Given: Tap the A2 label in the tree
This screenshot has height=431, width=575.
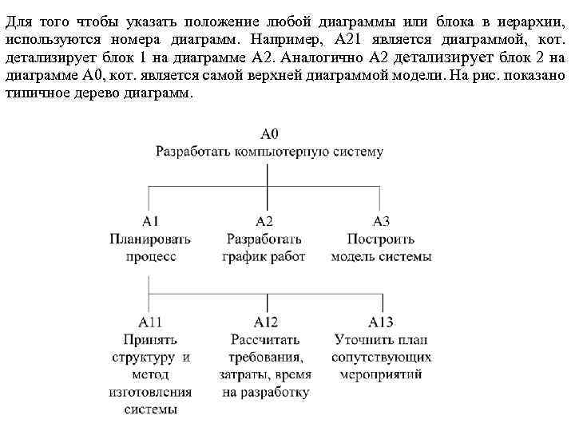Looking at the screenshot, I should (264, 220).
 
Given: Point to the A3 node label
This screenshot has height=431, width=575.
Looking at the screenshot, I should (381, 220).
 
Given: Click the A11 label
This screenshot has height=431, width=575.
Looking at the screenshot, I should (150, 322).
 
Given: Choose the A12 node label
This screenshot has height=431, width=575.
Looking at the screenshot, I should (265, 322).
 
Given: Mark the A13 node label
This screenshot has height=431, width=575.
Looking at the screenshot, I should (381, 322).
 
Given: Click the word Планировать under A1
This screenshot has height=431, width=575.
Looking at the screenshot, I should (150, 239).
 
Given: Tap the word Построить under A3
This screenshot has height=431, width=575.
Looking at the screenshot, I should (381, 239).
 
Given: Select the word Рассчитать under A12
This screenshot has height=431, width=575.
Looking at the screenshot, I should (265, 339).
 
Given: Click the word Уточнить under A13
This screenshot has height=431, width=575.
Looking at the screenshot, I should (362, 339).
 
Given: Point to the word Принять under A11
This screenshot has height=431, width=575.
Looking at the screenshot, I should (150, 339).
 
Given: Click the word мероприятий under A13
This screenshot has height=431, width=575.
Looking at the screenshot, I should (381, 374).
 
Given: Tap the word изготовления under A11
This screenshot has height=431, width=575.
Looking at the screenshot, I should (150, 392).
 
